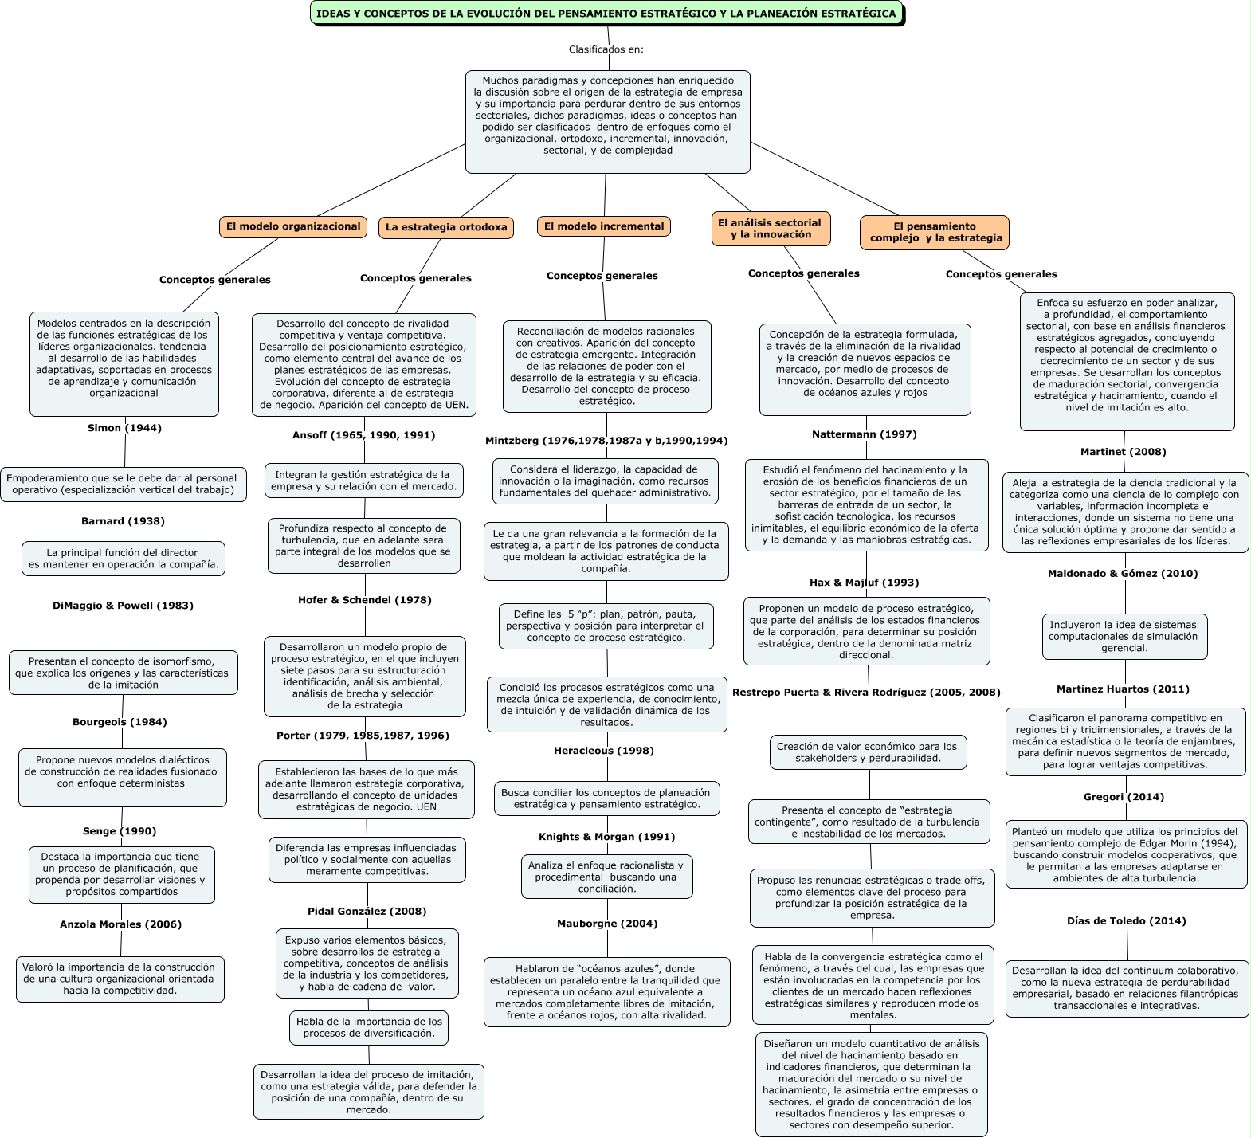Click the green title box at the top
coord(606,14)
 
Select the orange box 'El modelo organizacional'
coord(293,226)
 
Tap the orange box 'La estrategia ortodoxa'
coord(446,227)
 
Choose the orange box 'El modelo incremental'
coord(604,226)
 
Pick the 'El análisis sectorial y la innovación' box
coord(770,229)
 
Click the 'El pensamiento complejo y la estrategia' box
coord(935,232)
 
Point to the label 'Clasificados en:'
coord(606,49)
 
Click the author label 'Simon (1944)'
coord(124,428)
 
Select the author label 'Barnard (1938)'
coord(123,521)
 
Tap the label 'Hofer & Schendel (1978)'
coord(365,600)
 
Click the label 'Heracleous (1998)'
coord(604,751)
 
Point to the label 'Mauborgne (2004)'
coord(607,924)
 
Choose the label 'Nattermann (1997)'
coord(865,434)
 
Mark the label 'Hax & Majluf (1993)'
coord(864,583)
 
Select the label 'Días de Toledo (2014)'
coord(1126,921)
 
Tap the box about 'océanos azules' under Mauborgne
coord(606,992)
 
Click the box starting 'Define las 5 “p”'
coord(606,626)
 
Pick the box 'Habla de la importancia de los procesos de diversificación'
coord(369,1027)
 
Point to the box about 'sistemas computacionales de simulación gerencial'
coord(1123,636)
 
